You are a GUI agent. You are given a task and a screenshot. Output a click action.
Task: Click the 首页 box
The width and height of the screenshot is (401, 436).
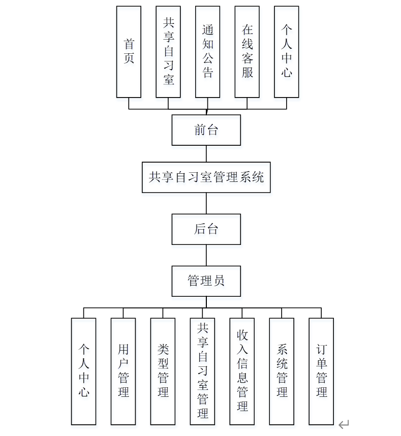(x=129, y=52)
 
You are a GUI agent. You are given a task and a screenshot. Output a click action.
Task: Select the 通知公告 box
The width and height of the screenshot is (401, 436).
(x=207, y=52)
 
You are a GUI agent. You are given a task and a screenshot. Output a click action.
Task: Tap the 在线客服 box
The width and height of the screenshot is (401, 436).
(x=247, y=52)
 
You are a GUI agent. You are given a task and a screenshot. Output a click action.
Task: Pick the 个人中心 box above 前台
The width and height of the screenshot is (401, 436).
(x=287, y=52)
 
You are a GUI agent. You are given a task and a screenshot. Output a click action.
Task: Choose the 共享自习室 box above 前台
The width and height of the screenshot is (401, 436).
(x=168, y=52)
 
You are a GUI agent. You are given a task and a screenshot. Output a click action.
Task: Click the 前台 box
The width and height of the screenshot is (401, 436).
(x=206, y=130)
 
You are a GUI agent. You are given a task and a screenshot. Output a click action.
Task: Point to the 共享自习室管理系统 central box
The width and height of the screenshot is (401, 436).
(x=206, y=177)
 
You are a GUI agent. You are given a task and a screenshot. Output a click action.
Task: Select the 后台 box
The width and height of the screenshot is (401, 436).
(x=206, y=229)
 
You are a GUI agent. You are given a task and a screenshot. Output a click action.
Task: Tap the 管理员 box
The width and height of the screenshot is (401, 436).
(x=206, y=281)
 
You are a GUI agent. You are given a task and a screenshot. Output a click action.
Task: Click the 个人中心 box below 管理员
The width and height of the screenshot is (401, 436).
(x=84, y=371)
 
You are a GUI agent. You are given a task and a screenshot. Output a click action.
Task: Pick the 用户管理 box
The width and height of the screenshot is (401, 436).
(x=124, y=371)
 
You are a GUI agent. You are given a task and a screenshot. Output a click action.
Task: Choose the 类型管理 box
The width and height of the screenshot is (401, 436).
(x=163, y=371)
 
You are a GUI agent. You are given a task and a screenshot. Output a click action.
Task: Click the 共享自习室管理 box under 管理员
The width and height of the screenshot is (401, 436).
(x=203, y=371)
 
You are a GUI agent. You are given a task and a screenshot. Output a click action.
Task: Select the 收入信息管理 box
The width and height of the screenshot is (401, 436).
(x=242, y=371)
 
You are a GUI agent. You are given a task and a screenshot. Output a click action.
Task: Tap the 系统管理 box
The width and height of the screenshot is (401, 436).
(x=282, y=371)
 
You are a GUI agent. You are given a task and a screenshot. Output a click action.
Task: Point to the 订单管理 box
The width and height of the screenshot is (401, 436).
(x=322, y=371)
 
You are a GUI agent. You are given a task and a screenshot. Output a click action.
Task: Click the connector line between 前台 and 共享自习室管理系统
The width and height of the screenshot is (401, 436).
(x=206, y=154)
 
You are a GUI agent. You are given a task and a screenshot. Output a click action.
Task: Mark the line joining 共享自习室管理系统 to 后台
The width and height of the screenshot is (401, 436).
(x=206, y=203)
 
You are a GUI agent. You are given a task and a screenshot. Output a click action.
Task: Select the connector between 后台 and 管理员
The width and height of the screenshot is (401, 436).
(x=206, y=255)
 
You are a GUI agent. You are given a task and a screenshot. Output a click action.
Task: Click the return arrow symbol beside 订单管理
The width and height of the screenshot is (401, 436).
(x=344, y=424)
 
